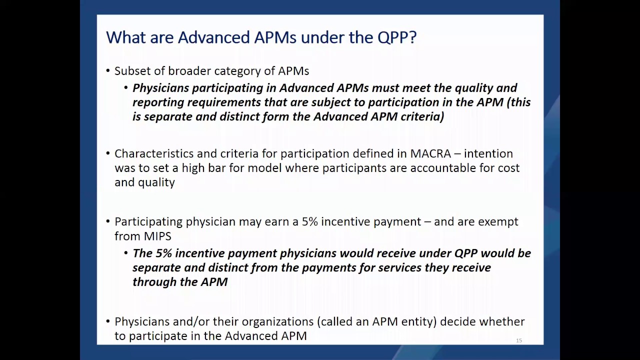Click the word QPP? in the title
pos(397,37)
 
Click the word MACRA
pos(430,153)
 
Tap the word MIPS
pos(157,236)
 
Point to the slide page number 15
pos(519,340)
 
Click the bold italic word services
pos(399,267)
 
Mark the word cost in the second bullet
pos(508,168)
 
